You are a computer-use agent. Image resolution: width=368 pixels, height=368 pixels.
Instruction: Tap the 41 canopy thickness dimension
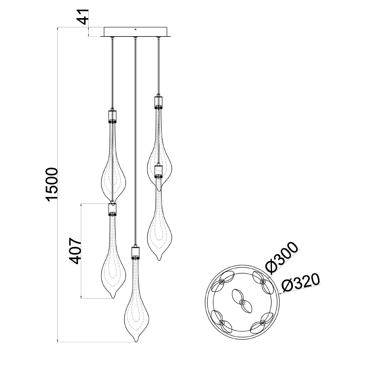[x=84, y=17]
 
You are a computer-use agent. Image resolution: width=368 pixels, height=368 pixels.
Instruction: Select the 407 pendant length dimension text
[x=75, y=251]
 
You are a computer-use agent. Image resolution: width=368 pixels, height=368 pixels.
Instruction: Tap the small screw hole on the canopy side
[x=136, y=29]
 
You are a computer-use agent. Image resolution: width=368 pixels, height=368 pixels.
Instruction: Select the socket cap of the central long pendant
[x=136, y=253]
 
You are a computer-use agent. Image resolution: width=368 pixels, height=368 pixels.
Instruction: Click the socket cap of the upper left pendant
[x=113, y=117]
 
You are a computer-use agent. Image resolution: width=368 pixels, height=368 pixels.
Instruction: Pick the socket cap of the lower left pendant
[x=113, y=209]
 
